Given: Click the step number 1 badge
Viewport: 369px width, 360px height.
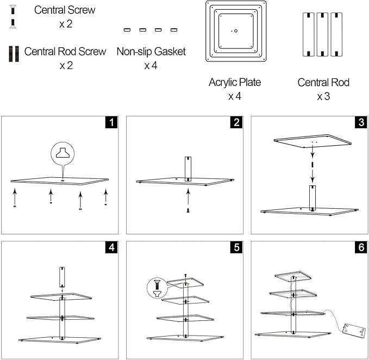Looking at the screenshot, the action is pos(111,122).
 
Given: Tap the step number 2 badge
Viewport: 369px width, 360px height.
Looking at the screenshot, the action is pos(236,122).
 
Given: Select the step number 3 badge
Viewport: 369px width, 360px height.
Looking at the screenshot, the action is pos(361,122).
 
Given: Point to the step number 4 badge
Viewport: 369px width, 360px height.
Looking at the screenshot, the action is pos(111,247).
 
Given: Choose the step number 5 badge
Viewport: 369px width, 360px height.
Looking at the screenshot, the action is pos(236,247).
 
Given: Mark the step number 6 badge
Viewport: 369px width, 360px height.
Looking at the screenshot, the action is pos(361,247).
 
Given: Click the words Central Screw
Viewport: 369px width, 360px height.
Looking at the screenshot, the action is pos(65,10).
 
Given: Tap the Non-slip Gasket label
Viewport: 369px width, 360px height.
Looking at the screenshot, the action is pos(151,52).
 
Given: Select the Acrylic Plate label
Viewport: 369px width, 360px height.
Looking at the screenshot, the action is pos(235,83).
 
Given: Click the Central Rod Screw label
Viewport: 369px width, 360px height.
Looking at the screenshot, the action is pos(65,52).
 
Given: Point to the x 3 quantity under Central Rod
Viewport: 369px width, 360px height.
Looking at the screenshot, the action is pos(323,97).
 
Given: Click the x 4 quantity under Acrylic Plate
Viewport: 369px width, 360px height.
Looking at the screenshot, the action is pos(235,97).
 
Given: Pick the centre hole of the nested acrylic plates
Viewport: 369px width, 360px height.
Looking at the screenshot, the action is pos(236,31).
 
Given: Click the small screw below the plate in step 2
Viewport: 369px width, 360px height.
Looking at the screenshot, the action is pos(188,210).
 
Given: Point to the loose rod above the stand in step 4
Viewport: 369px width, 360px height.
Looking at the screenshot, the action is pos(62,277).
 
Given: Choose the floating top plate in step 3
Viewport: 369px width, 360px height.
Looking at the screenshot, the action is pos(312,141).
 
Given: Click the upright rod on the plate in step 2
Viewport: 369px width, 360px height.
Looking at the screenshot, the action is pos(188,169).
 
